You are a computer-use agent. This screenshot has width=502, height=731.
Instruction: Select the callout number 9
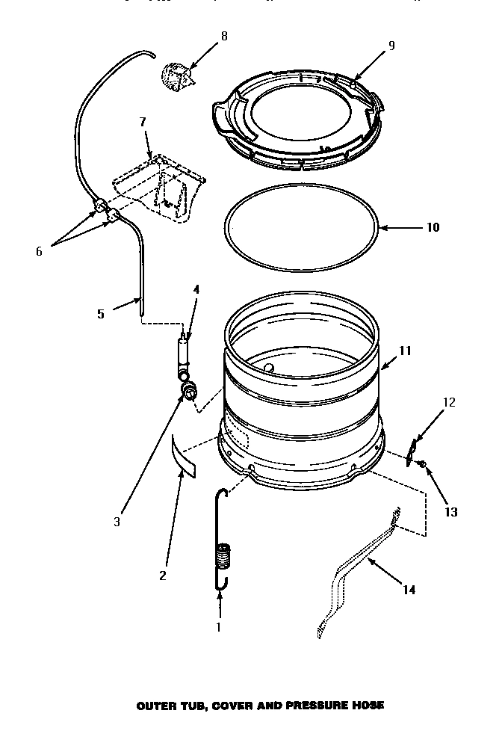point(391,46)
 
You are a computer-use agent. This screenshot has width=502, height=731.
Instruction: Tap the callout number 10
point(433,227)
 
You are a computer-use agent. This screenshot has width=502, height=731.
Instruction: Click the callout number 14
point(409,590)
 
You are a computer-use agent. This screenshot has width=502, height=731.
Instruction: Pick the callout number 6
point(40,252)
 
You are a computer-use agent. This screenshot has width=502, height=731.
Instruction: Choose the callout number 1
point(218,627)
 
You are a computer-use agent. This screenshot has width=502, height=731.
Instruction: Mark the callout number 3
point(117,522)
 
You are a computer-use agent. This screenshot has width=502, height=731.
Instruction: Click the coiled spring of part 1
point(223,558)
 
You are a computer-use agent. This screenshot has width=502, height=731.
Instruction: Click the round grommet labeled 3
point(190,389)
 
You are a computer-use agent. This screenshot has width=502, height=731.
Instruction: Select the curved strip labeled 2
point(182,457)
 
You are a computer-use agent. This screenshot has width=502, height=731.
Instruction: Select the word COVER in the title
point(229,705)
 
